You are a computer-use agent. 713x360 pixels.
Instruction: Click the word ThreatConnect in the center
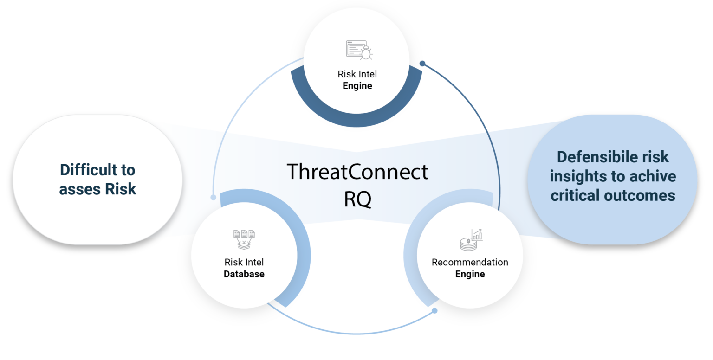pos(357,172)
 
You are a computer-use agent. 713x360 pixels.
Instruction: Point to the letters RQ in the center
pos(357,199)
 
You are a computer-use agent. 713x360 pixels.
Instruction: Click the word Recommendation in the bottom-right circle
pos(470,262)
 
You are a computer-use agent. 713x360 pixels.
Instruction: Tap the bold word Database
pos(244,274)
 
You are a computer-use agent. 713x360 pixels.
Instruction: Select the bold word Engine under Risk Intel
pos(357,86)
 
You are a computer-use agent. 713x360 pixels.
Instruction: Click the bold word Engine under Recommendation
pos(470,274)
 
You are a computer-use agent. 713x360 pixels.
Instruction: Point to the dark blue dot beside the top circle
pos(422,63)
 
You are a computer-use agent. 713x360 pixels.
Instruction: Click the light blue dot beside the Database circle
pos(213,197)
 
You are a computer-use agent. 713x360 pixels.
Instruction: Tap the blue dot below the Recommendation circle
pos(435,310)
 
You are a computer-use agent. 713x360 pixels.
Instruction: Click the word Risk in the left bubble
pos(120,189)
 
